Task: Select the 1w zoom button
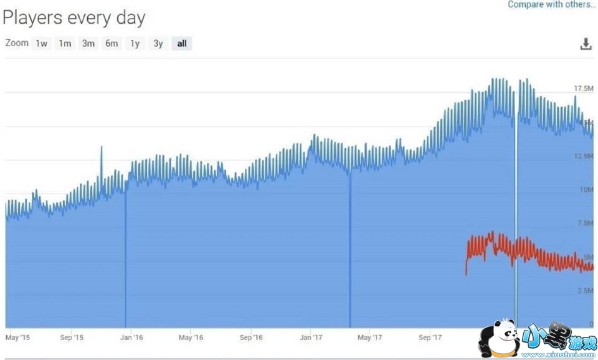(x=41, y=44)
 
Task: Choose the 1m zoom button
(x=64, y=44)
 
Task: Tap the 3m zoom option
(x=88, y=44)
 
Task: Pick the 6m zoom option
(x=112, y=44)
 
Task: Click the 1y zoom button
(x=135, y=44)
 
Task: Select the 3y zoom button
(x=158, y=44)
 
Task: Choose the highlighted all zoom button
(x=182, y=44)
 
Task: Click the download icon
(x=586, y=44)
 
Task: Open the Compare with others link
(x=551, y=4)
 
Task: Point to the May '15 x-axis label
(x=17, y=338)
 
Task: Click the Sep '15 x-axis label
(x=72, y=338)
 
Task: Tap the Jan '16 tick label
(x=131, y=338)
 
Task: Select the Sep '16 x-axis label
(x=250, y=338)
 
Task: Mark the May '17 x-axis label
(x=369, y=338)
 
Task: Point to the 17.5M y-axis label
(x=583, y=89)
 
